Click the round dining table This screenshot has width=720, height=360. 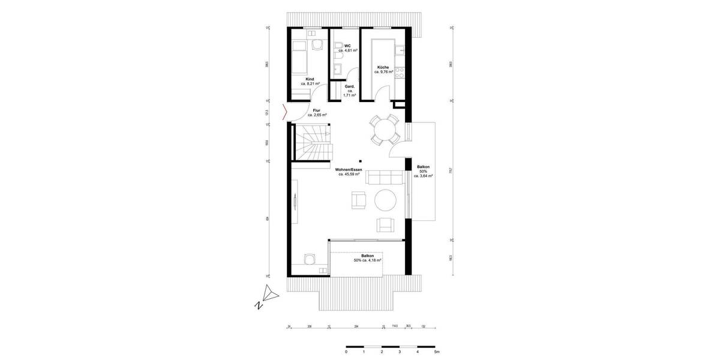(383, 129)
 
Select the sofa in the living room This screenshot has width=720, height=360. (385, 176)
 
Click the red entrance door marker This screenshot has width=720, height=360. (284, 112)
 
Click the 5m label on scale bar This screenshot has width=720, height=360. (436, 352)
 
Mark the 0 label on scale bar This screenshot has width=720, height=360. (346, 352)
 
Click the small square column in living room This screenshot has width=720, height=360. (360, 161)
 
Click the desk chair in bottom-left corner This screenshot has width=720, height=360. (309, 259)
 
